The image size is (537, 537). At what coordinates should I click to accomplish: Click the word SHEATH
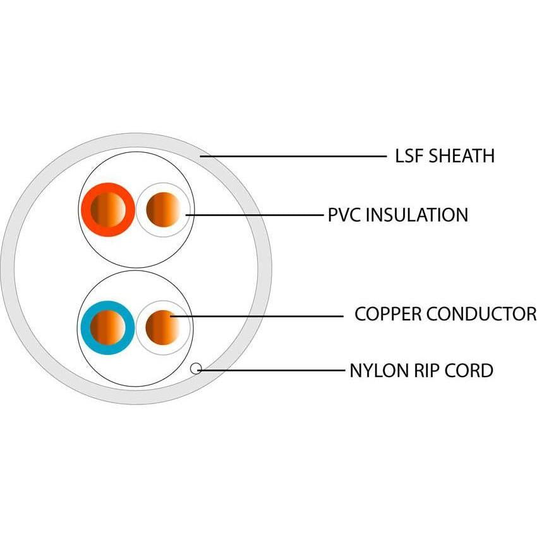tap(462, 156)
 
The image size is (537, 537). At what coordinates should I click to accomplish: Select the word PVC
tap(345, 215)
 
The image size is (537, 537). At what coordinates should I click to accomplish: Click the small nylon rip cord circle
tap(196, 368)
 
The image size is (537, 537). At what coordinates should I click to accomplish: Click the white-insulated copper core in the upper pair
tap(163, 209)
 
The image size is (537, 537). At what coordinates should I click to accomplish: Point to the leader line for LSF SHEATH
tap(297, 155)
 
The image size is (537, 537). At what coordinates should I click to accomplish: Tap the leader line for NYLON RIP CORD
tap(272, 370)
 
